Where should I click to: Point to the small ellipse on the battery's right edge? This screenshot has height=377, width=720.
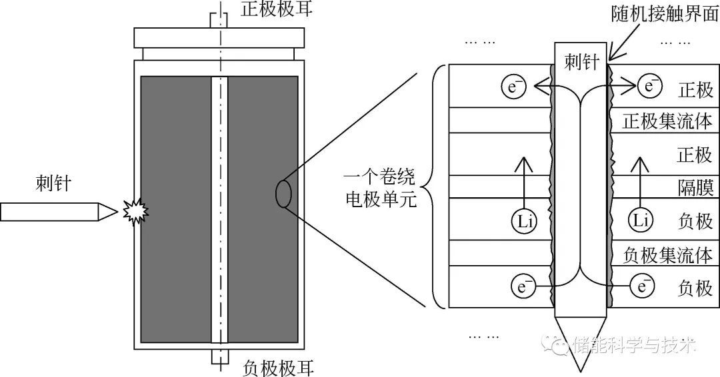[283, 194]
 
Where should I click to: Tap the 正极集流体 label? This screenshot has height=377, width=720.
[667, 122]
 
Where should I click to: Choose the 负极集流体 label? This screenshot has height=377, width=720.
[667, 254]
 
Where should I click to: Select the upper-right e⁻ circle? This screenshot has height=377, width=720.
[648, 85]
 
